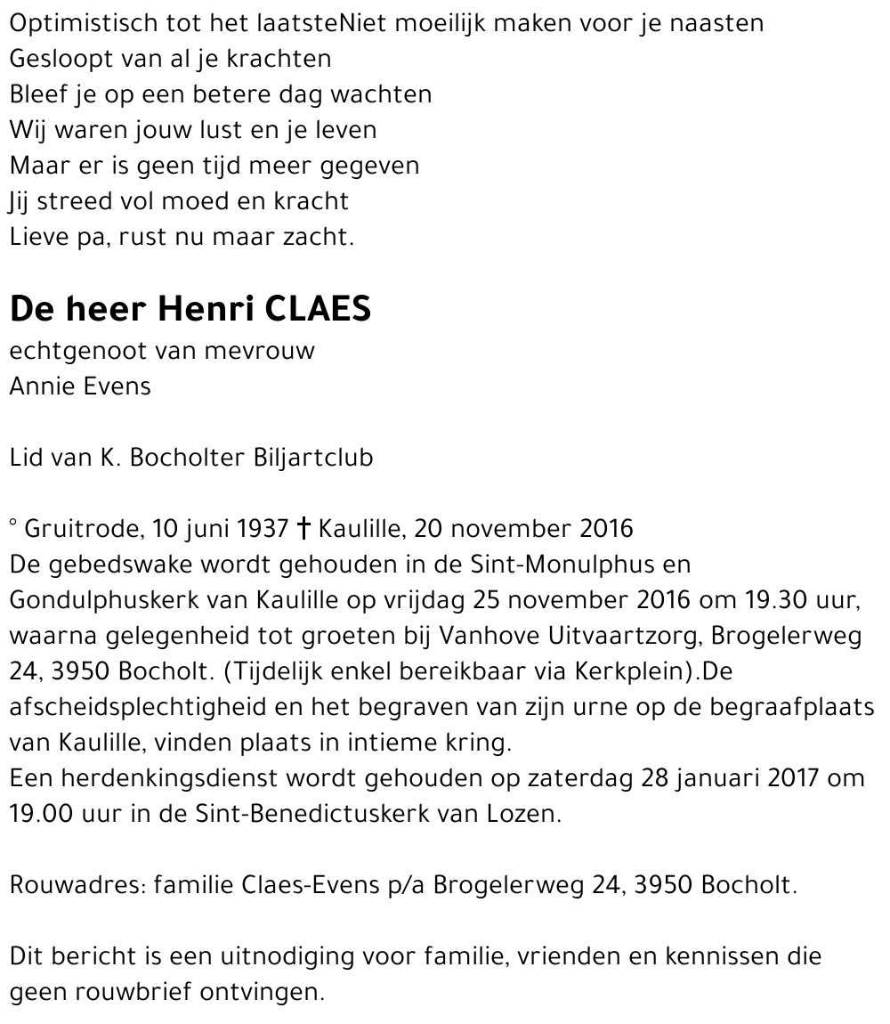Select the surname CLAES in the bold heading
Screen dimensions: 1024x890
319,308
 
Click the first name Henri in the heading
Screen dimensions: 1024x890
206,308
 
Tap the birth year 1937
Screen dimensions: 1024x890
262,529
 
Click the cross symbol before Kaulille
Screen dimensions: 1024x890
303,529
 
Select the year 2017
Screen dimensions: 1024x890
792,777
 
